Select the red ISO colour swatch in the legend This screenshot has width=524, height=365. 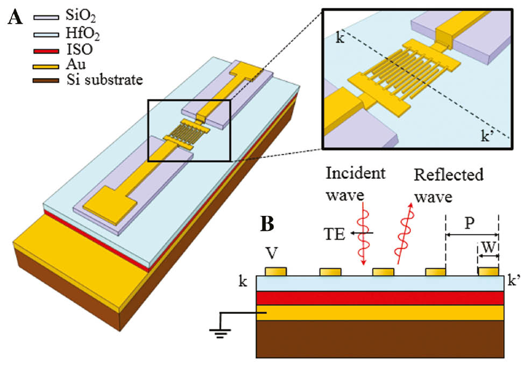(x=46, y=50)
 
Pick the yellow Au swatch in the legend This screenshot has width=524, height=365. (x=46, y=66)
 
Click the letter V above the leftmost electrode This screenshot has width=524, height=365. (x=274, y=254)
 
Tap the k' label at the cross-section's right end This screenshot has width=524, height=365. (x=513, y=280)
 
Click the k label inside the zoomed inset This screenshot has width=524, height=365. (x=339, y=40)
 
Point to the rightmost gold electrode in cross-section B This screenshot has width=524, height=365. (x=488, y=271)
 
